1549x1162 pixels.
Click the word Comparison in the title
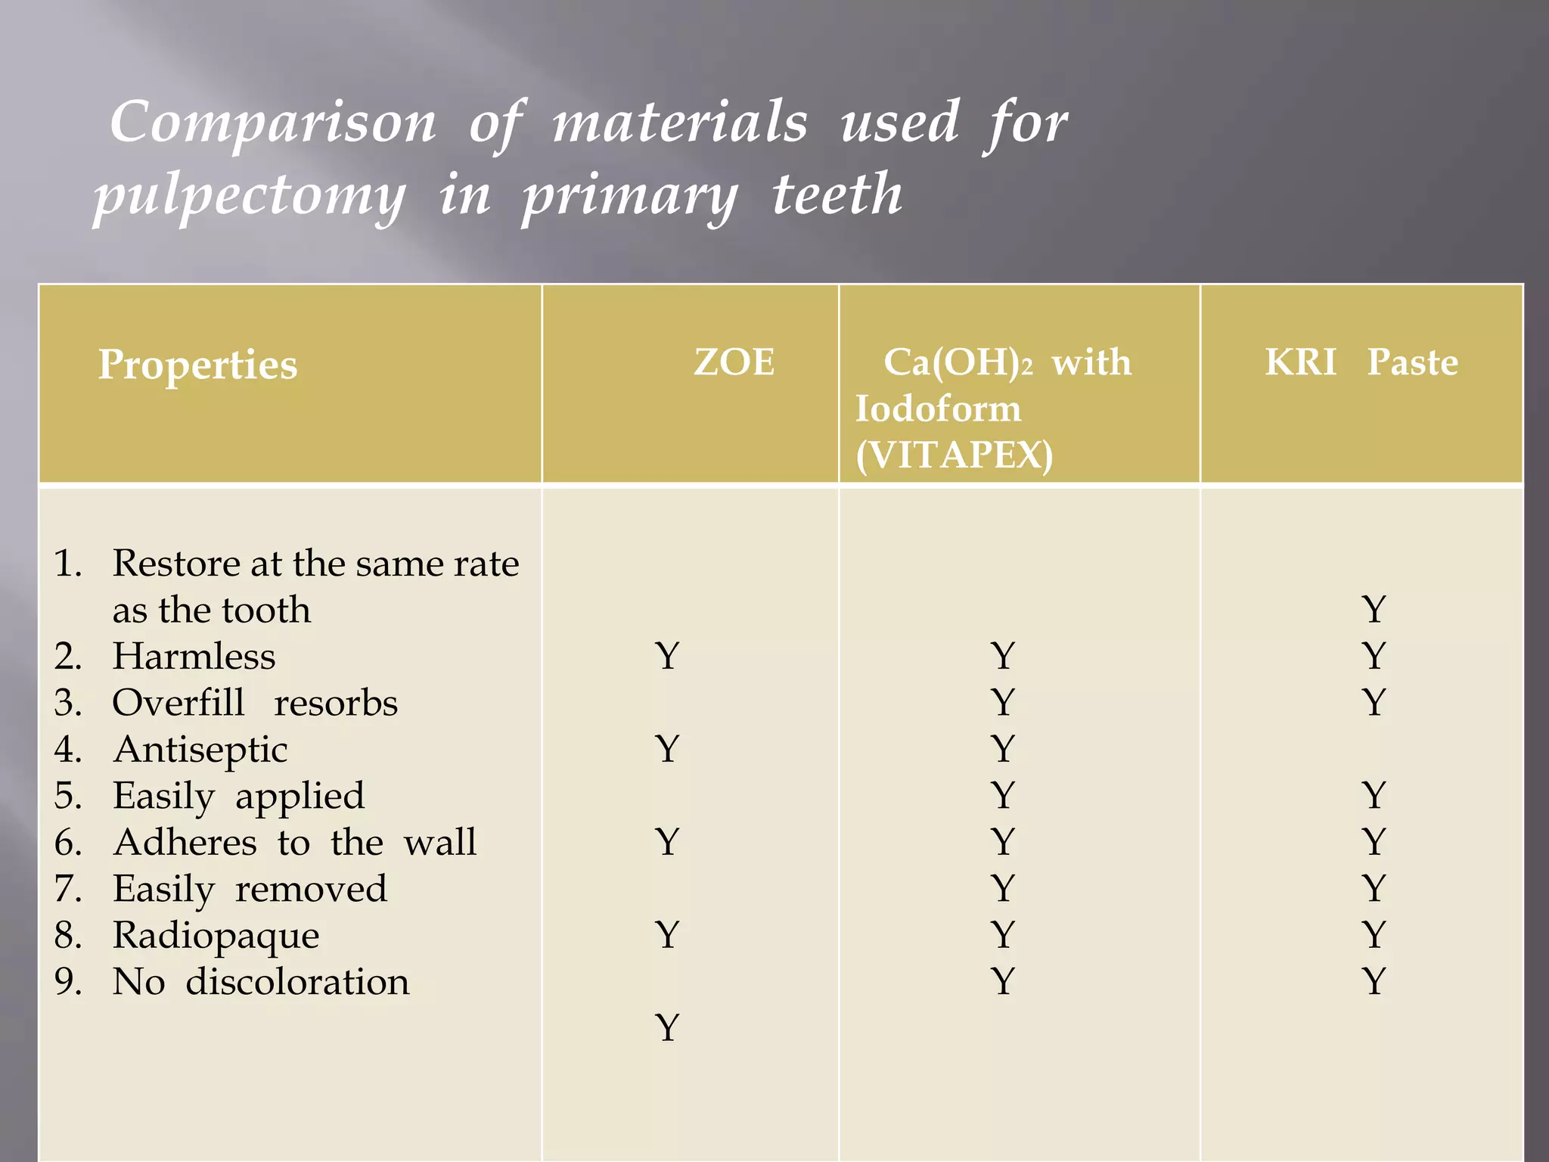[273, 123]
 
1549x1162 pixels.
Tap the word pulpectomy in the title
[250, 196]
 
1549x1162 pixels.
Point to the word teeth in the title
[837, 194]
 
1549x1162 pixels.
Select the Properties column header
[197, 365]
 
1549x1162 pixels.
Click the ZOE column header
[734, 362]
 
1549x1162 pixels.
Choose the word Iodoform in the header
[938, 409]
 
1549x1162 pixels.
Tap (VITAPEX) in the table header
[955, 455]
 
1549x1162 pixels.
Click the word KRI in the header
[1300, 362]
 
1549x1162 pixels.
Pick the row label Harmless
[194, 656]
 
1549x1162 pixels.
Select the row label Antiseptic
[200, 749]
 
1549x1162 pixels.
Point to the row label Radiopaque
[216, 935]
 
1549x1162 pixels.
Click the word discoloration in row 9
[297, 982]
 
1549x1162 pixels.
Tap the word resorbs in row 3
[336, 703]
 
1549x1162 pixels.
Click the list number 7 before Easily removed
[67, 889]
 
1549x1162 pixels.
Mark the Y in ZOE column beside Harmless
[667, 656]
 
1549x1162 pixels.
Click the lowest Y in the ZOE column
[667, 1028]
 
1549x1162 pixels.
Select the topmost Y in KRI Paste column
[1374, 610]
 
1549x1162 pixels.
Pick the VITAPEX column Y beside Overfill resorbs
[1003, 703]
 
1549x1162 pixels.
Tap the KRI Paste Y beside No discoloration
[1374, 982]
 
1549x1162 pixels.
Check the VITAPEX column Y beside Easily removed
[1003, 889]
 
